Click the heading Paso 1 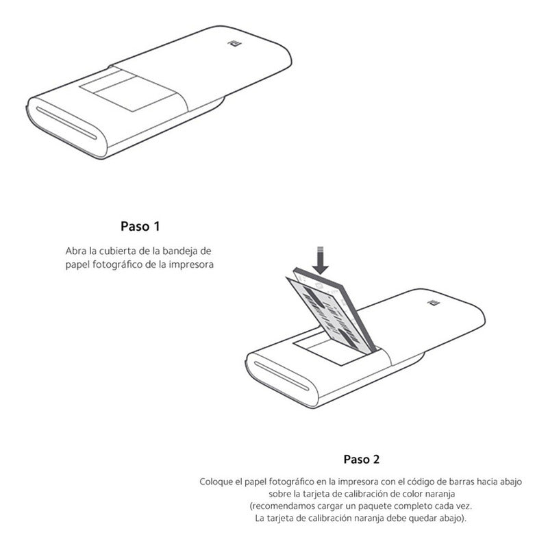(x=140, y=226)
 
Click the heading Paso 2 (x=366, y=459)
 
